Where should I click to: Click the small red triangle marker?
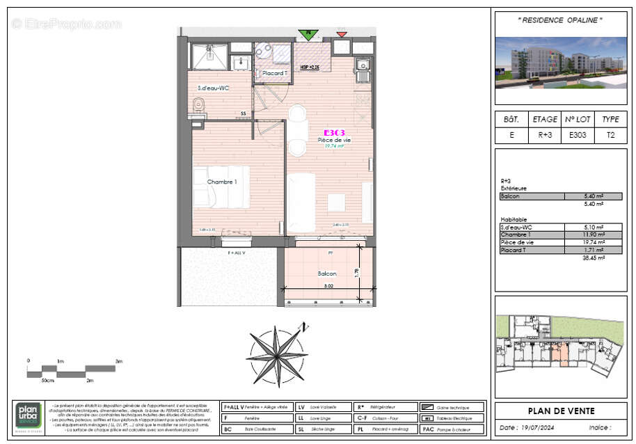pyautogui.click(x=341, y=33)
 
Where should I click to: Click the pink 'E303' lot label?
pyautogui.click(x=334, y=132)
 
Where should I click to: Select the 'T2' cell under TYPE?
pyautogui.click(x=610, y=136)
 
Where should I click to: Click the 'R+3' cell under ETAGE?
pyautogui.click(x=545, y=136)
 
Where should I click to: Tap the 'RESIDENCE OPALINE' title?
pyautogui.click(x=560, y=20)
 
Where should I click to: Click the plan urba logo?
pyautogui.click(x=29, y=416)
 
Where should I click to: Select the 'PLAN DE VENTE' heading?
pyautogui.click(x=561, y=411)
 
